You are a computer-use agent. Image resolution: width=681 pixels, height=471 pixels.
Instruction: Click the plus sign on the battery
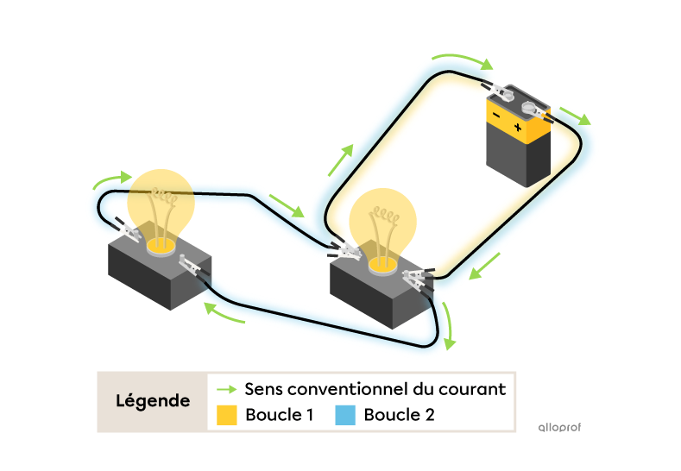(518, 128)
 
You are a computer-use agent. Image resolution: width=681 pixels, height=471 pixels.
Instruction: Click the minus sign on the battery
(495, 116)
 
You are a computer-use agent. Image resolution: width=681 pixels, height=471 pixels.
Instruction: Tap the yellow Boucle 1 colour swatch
(227, 415)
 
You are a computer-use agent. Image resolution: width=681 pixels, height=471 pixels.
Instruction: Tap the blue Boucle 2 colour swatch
(345, 415)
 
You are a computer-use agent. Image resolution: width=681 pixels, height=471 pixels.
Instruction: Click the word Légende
(153, 401)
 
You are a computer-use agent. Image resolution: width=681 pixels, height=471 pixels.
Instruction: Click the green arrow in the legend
(227, 389)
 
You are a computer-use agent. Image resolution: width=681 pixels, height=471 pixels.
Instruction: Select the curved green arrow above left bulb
(112, 180)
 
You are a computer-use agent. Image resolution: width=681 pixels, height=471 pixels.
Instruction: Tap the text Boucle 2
(399, 415)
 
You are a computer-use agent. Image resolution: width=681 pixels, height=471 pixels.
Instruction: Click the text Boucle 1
(279, 415)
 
